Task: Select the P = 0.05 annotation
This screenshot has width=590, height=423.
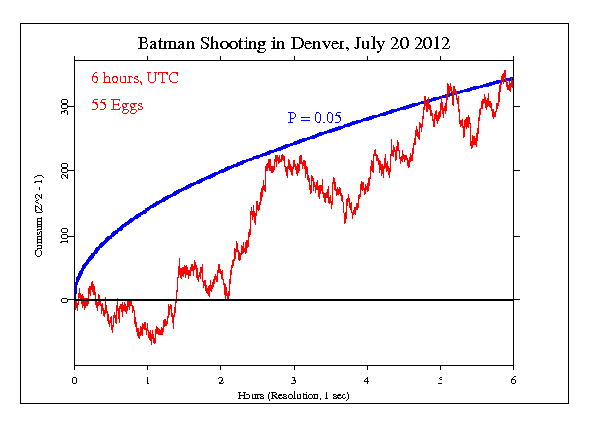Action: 315,118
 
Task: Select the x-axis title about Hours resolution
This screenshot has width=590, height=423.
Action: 294,395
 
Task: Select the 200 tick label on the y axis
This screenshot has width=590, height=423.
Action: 64,170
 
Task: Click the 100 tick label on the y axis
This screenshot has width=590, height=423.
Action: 64,236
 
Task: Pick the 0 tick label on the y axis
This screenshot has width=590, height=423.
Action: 64,300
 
